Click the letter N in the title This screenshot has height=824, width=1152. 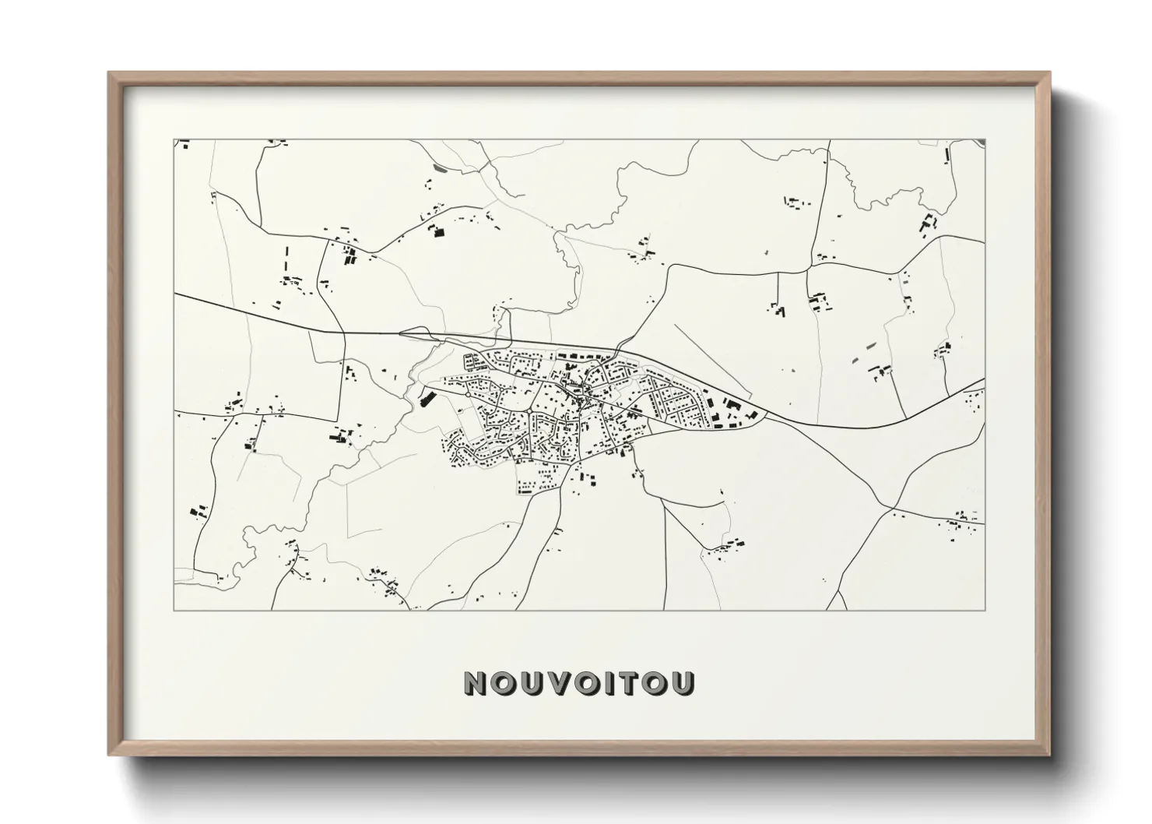click(x=476, y=683)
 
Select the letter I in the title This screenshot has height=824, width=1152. click(x=608, y=683)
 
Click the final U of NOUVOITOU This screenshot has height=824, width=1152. click(x=683, y=683)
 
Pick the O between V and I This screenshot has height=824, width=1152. click(x=582, y=683)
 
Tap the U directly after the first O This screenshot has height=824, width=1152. click(x=528, y=683)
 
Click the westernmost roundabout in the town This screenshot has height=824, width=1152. click(x=467, y=395)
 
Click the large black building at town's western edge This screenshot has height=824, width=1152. click(x=425, y=399)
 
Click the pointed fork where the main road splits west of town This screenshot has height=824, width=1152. click(x=400, y=334)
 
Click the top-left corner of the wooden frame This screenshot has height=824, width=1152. click(x=109, y=72)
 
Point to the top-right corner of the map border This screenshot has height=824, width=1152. click(x=985, y=140)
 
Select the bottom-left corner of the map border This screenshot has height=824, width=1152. click(x=174, y=610)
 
